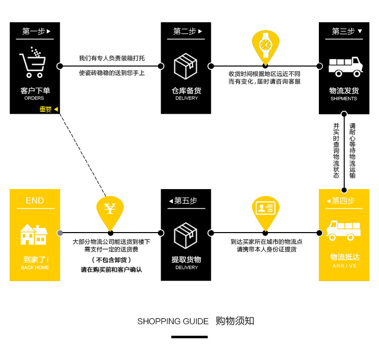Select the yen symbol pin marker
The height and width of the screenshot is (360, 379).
coord(110,209)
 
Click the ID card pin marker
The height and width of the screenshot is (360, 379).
coord(265,208)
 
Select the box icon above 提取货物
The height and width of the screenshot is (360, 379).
coord(185,235)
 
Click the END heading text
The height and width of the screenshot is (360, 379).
coord(34,201)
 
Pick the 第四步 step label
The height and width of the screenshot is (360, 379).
coord(343,201)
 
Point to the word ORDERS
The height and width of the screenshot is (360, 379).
coord(34,98)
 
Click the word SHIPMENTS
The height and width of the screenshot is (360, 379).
coord(344,99)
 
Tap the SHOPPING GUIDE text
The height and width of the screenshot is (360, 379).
coord(173,322)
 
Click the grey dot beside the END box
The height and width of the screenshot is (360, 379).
coord(60,233)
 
